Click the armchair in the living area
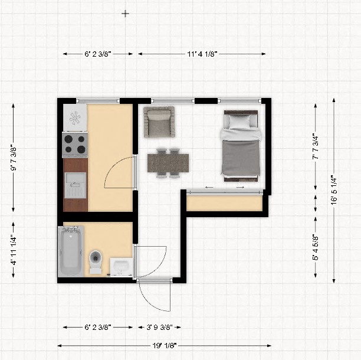[159, 122]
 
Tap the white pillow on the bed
[239, 122]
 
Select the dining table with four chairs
[168, 163]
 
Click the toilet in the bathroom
[96, 261]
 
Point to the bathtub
[71, 251]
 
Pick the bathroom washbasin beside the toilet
[122, 267]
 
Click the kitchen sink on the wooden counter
[76, 185]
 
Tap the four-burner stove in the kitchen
[75, 145]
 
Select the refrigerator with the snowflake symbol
[75, 117]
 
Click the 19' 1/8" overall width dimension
[165, 345]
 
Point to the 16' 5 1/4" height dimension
[334, 190]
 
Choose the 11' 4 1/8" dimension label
[202, 54]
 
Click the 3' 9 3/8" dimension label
[159, 327]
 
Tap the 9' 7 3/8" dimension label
[14, 159]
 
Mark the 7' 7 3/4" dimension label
[316, 147]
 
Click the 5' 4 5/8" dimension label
[316, 247]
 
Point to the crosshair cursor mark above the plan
[125, 14]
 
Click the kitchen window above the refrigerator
[98, 101]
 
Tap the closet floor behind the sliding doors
[225, 203]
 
